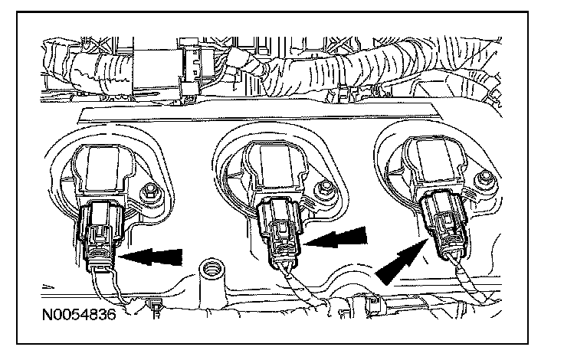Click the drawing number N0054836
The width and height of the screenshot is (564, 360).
click(79, 315)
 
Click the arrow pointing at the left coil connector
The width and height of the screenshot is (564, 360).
click(150, 256)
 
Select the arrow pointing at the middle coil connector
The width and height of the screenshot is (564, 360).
click(335, 237)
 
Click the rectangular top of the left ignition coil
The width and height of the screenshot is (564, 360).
click(103, 167)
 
